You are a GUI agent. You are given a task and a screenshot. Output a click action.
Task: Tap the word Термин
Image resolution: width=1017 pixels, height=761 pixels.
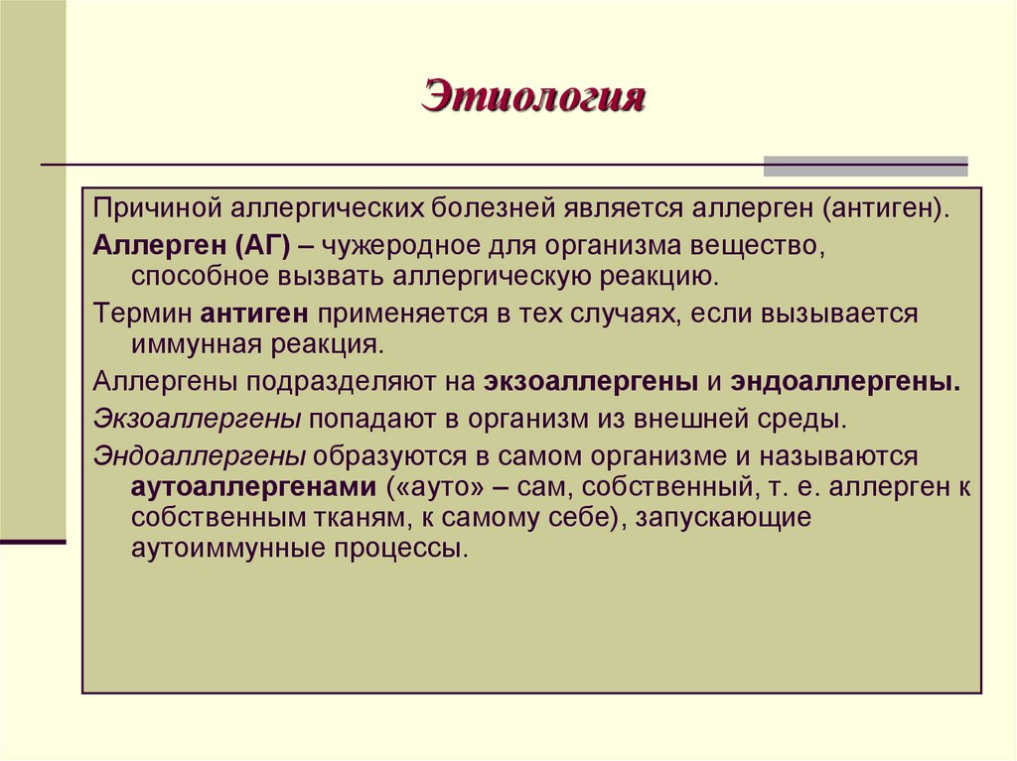tap(145, 315)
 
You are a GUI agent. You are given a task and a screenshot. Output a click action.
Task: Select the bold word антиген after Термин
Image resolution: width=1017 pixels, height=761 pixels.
tap(256, 315)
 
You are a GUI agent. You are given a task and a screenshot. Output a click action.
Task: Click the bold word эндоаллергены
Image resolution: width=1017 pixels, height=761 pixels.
tap(846, 383)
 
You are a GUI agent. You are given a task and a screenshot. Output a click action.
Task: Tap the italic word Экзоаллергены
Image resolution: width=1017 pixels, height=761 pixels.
tap(198, 419)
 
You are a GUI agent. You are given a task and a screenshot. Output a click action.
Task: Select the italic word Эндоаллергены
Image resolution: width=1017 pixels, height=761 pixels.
tap(200, 455)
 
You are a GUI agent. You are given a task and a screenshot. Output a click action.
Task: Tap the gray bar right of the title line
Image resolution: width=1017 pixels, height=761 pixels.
tap(865, 166)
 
